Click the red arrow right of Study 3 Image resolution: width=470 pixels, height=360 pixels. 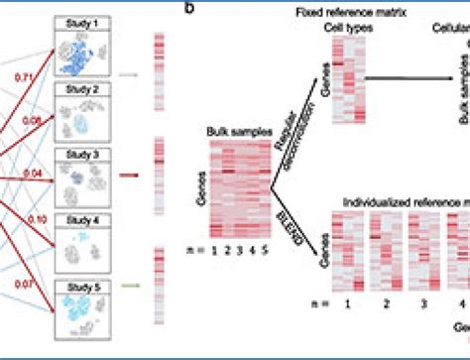(x=129, y=170)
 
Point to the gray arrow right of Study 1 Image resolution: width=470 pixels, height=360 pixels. (x=129, y=72)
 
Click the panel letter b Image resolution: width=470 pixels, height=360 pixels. (x=189, y=8)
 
